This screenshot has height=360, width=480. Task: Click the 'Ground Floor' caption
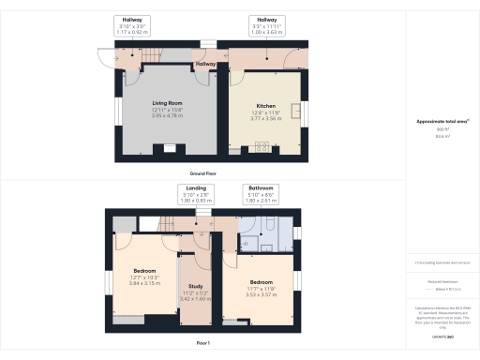coord(203,174)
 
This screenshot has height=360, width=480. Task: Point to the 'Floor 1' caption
coord(203,344)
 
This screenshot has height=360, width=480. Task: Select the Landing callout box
coord(196,194)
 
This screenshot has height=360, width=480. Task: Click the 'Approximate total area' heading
coord(442,122)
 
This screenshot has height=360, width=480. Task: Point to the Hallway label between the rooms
coord(205,64)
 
